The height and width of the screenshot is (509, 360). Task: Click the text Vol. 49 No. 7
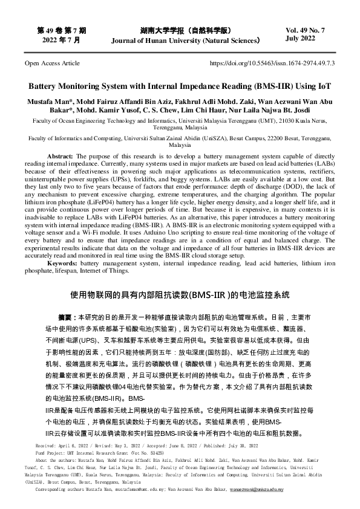(309, 30)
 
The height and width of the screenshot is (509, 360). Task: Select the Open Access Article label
(51, 62)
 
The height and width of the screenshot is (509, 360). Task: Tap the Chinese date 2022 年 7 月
(61, 39)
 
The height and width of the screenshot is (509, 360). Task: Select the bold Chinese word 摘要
(64, 317)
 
